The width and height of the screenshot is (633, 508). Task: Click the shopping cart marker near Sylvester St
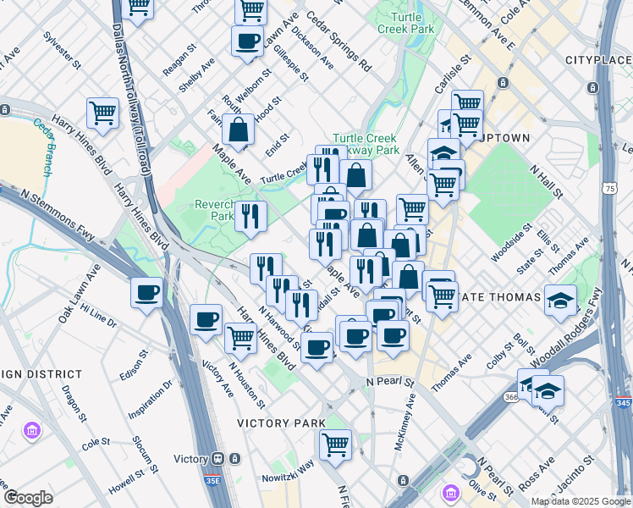(102, 113)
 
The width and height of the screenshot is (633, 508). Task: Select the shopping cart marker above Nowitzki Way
(336, 444)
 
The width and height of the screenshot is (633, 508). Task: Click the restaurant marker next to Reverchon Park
(250, 217)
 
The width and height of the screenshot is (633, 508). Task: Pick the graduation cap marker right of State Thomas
(560, 300)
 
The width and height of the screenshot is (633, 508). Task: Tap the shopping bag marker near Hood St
(239, 130)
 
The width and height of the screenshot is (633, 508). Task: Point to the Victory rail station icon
(218, 459)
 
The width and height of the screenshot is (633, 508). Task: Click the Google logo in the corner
(28, 498)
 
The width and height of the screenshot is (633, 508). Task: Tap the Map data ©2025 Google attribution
(580, 501)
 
